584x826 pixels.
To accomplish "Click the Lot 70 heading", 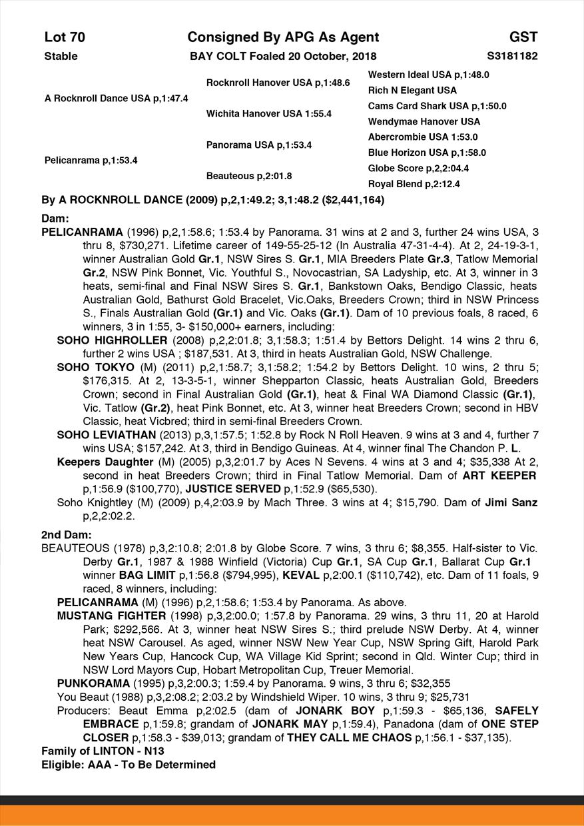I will coord(65,37).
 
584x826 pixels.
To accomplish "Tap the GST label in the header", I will coord(523,37).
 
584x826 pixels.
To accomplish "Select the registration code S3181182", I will coord(512,56).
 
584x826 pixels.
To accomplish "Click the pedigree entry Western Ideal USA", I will coord(428,75).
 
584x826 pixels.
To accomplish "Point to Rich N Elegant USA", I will coord(412,90).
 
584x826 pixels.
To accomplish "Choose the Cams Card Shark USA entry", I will coord(437,106).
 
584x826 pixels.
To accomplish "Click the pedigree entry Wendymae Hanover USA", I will coord(424,121).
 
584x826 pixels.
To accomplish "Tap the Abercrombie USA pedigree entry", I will coord(423,137).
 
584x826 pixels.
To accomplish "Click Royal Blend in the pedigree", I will coord(414,184).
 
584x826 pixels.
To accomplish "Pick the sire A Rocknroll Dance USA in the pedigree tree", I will coord(116,98).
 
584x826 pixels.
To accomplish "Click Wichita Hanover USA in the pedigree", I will coord(269,114).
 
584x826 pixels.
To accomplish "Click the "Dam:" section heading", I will coord(55,218).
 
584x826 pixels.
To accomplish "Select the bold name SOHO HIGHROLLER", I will coord(112,340).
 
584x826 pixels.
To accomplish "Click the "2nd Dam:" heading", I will coord(66,534).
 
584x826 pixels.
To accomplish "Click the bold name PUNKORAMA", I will coord(93,683).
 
